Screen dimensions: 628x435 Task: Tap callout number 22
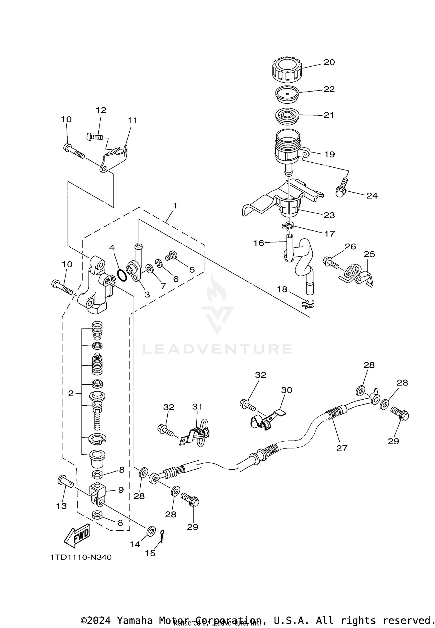click(x=329, y=89)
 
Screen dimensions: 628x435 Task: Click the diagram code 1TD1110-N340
click(x=81, y=557)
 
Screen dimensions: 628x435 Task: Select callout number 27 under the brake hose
click(x=342, y=448)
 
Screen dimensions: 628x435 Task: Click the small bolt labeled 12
click(x=95, y=136)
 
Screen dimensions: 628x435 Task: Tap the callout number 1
click(x=175, y=206)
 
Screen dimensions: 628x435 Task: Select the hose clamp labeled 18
click(x=308, y=304)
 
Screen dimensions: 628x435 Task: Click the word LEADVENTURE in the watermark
click(x=217, y=349)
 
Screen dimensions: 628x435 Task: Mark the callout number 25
click(x=369, y=254)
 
